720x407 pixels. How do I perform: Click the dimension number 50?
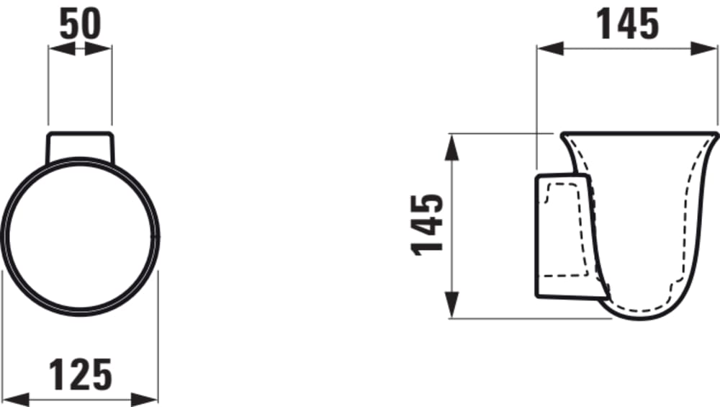click(x=80, y=24)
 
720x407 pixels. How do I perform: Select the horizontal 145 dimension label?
click(x=628, y=24)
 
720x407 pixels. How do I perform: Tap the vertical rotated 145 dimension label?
click(x=428, y=223)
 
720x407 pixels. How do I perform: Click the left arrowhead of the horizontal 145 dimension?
click(x=547, y=48)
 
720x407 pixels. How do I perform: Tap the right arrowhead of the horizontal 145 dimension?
click(x=709, y=48)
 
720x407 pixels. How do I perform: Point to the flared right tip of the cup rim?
click(x=716, y=134)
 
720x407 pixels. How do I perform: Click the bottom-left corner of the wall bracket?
click(x=536, y=295)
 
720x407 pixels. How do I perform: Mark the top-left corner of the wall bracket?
click(x=537, y=175)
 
